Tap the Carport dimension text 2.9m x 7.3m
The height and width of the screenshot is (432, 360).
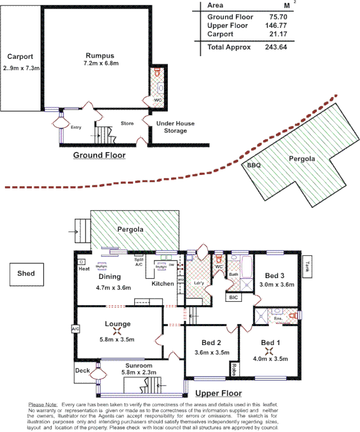[x=21, y=68]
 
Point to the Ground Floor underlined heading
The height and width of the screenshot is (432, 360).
[x=99, y=156]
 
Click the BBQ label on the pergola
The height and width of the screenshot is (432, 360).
[x=254, y=166]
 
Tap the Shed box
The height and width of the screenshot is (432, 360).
[x=26, y=273]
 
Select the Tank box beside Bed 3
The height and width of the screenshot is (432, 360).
[x=308, y=265]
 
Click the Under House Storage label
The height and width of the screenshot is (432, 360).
[x=175, y=127]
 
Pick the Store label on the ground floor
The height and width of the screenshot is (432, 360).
[x=127, y=124]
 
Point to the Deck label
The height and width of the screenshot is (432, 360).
[x=82, y=370]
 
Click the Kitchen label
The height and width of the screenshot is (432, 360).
[x=162, y=283]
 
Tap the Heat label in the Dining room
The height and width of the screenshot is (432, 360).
[x=84, y=268]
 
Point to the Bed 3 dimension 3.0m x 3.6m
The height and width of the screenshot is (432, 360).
[x=277, y=285]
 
